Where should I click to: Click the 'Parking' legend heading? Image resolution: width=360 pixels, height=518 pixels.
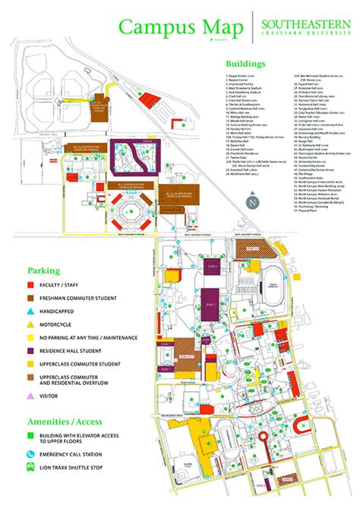click(44, 270)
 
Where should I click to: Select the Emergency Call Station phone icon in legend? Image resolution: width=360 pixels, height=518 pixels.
click(33, 454)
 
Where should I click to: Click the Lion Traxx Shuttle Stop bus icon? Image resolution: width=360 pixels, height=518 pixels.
click(33, 468)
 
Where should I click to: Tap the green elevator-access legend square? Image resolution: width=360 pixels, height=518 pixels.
click(33, 437)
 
